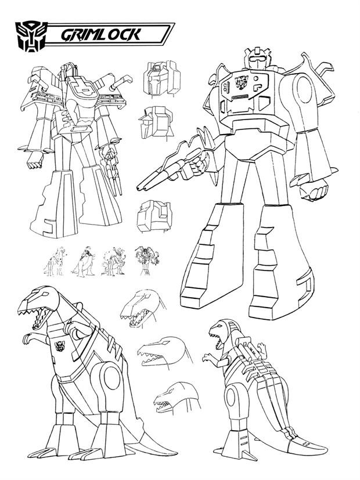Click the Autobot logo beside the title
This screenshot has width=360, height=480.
tap(31, 36)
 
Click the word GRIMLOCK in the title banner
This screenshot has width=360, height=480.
tap(100, 35)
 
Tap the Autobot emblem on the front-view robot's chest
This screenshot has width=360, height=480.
tap(242, 82)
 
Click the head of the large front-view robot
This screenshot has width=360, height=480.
tap(257, 59)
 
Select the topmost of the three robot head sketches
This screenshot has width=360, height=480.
tap(161, 77)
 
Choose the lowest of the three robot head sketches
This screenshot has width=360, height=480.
tap(154, 216)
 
